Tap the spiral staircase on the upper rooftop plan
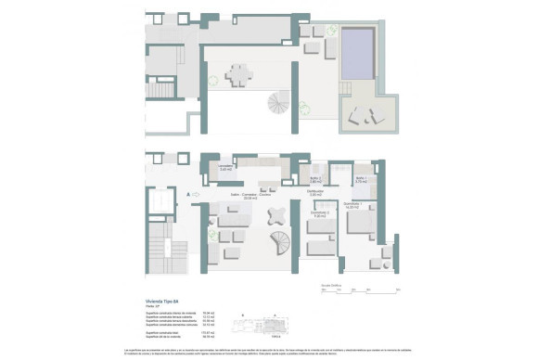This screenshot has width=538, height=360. pos(279,102)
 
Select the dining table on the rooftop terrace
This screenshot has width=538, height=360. pos(239,74)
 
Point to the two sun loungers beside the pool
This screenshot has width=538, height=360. pos(365,116)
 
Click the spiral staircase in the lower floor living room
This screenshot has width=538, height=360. pos(279,246)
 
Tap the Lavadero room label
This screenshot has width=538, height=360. pos(225,168)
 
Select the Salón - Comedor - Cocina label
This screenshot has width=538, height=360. pos(250,197)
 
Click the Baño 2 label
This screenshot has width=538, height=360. pos(315,178)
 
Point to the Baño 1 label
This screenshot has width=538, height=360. pos(361,178)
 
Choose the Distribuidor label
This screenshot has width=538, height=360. pos(315,193)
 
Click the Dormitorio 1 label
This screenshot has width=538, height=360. pos(353,205)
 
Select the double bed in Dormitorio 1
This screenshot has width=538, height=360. pos(358,224)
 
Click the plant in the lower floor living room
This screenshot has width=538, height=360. pos(212,236)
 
